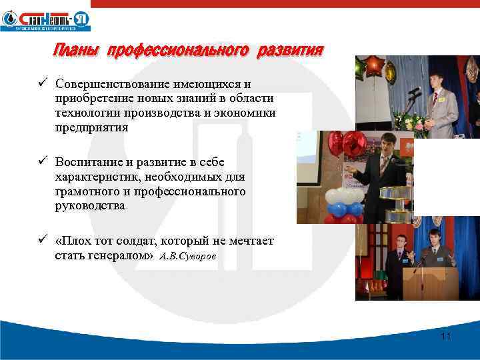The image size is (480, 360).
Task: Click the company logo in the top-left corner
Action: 45,19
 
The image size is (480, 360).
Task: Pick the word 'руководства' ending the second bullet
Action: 90,205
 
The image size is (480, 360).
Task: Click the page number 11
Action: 446,336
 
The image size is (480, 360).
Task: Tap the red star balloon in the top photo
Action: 375,67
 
